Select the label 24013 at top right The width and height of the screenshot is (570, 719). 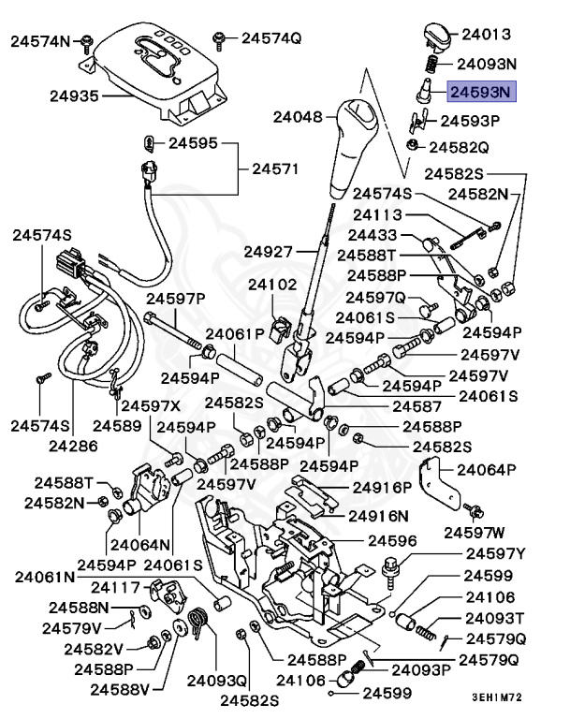tap(486, 35)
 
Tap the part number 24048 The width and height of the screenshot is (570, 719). tap(298, 118)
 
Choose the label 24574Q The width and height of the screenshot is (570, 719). tap(271, 38)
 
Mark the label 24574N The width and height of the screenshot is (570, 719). tap(41, 41)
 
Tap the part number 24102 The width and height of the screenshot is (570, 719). tap(272, 284)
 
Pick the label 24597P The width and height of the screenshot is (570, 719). tap(175, 298)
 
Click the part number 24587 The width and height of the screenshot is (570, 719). tap(417, 406)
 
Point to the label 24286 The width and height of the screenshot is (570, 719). tap(73, 446)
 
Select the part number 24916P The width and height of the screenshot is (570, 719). tap(381, 488)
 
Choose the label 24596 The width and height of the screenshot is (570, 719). tap(392, 540)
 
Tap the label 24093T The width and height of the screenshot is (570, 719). tap(495, 618)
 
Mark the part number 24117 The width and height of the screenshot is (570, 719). tap(115, 587)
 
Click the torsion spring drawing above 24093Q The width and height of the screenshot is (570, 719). tap(198, 624)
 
